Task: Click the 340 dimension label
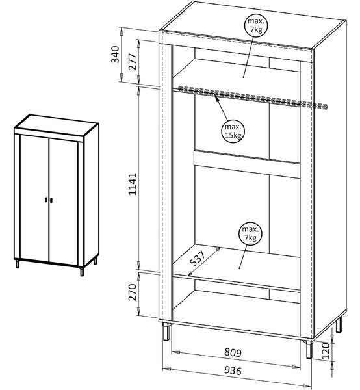pos(116,55)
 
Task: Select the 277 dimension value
pos(133,62)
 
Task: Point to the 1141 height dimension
pos(133,184)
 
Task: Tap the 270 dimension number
pos(133,292)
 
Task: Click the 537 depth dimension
pos(198,258)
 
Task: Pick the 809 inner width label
pos(233,352)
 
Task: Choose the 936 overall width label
pos(233,370)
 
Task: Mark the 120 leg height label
pos(326,351)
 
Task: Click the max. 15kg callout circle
pos(233,131)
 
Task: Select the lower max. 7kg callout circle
pos(250,233)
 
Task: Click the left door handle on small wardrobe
pos(46,200)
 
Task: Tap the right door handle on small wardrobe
pos(52,200)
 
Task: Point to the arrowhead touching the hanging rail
pos(216,97)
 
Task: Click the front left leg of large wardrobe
pos(166,331)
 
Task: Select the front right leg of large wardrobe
pos(309,350)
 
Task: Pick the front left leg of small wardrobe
pos(18,264)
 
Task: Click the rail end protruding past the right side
pos(320,106)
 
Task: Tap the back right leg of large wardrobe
pos(339,324)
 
